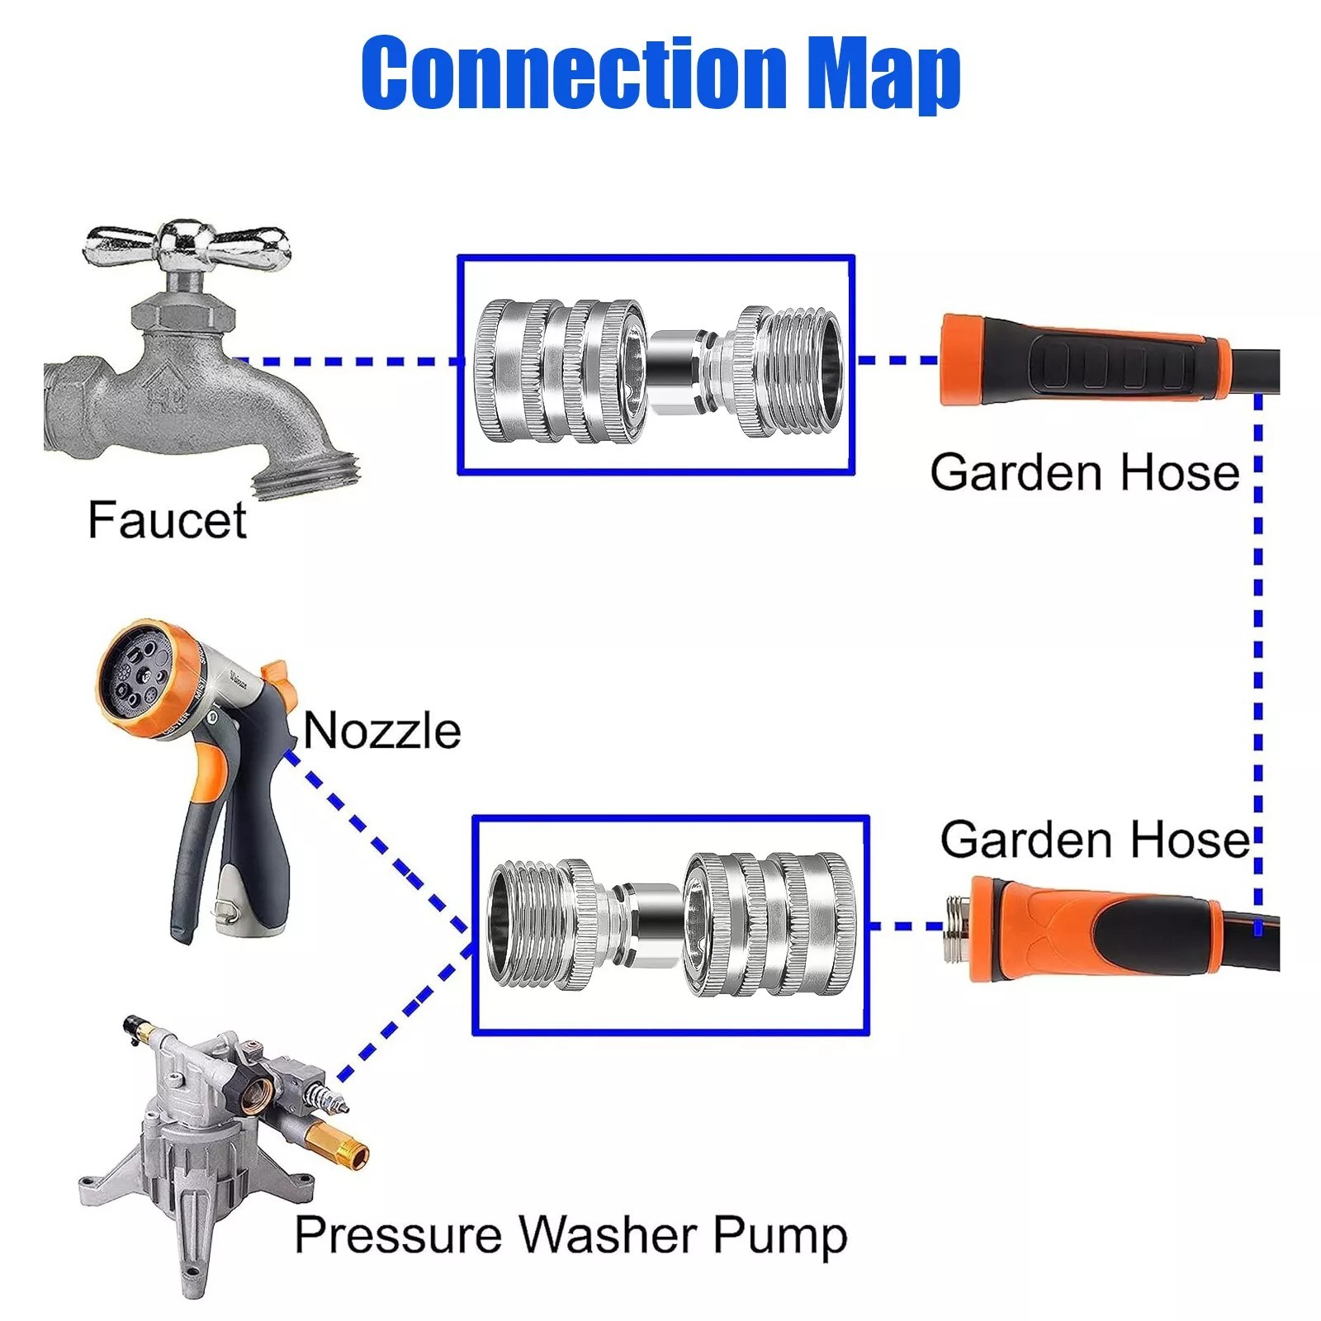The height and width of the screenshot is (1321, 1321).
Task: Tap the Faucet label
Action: pyautogui.click(x=167, y=520)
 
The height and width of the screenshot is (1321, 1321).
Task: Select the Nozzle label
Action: pyautogui.click(x=381, y=731)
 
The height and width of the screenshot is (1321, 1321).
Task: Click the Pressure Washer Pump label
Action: pyautogui.click(x=571, y=1235)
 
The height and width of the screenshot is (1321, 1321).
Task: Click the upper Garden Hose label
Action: pyautogui.click(x=1085, y=472)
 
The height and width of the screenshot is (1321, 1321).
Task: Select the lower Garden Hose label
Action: pyautogui.click(x=1095, y=840)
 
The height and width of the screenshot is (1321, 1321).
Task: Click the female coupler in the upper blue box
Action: pyautogui.click(x=560, y=372)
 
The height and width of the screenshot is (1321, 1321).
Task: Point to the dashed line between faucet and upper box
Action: pyautogui.click(x=347, y=361)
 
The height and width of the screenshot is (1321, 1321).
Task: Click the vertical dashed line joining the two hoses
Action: pyautogui.click(x=1257, y=644)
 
